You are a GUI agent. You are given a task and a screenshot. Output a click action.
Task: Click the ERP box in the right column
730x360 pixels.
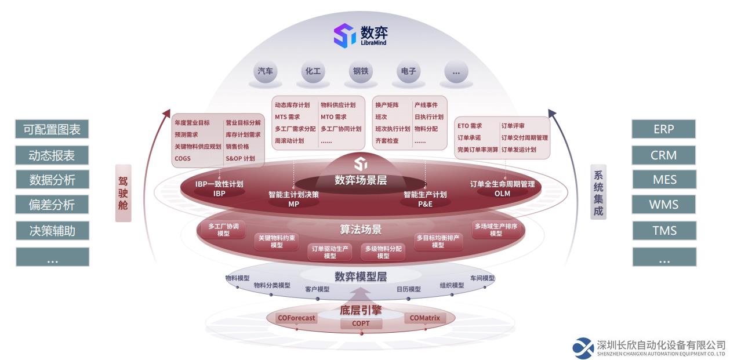(663, 129)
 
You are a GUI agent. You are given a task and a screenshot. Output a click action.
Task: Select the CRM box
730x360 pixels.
(663, 155)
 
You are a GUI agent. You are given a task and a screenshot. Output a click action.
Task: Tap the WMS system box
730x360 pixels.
(664, 205)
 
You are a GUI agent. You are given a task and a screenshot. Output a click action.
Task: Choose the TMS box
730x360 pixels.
(664, 231)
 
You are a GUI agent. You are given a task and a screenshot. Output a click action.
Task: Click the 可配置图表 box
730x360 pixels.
(52, 129)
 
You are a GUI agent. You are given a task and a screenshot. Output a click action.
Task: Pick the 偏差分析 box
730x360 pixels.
(52, 205)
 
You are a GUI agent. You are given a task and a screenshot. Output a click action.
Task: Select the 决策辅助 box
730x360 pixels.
(52, 231)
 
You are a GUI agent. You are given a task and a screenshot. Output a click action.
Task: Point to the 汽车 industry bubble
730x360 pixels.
(266, 71)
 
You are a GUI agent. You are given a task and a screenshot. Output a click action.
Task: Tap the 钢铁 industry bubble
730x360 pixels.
(361, 71)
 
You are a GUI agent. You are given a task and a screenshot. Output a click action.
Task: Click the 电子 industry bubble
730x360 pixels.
(408, 71)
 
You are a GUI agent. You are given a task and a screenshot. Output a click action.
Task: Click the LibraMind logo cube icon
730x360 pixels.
(344, 35)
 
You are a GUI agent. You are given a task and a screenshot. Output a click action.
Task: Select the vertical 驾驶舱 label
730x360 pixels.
(123, 193)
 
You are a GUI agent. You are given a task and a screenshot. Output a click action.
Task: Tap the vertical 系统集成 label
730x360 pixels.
(598, 192)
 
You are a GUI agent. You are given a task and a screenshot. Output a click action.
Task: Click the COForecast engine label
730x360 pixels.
(296, 318)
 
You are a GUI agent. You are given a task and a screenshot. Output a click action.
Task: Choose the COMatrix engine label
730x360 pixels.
(424, 318)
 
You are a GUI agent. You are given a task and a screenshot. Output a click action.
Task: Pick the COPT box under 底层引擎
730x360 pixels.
(361, 323)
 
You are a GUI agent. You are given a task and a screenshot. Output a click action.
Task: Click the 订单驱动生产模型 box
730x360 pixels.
(330, 252)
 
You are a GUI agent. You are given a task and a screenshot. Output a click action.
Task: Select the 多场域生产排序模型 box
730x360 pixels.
(496, 230)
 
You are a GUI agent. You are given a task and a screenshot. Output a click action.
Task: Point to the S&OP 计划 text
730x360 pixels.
(240, 159)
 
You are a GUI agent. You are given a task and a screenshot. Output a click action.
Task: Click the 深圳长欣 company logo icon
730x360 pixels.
(583, 348)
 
